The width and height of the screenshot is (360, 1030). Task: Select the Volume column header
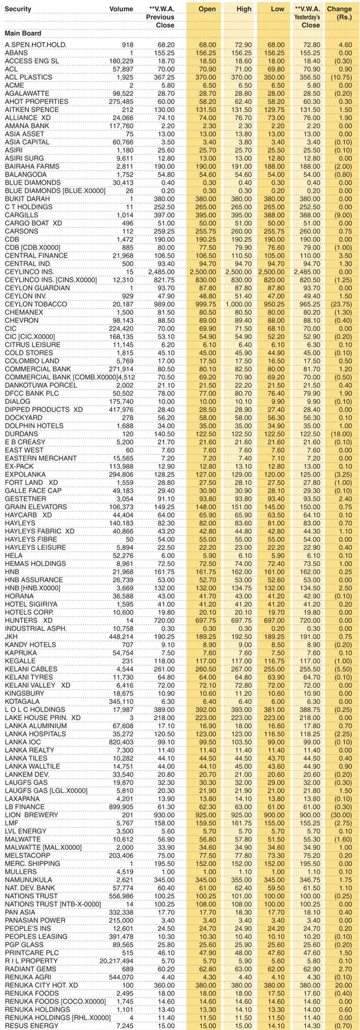point(121,9)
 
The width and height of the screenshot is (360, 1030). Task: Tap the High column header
point(244,9)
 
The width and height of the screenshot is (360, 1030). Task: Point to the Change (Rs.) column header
point(341,13)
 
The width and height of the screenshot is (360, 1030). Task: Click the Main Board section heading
point(23,34)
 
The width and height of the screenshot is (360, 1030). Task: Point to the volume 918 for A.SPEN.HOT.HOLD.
point(127,45)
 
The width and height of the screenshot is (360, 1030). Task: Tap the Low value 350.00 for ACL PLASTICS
point(275,77)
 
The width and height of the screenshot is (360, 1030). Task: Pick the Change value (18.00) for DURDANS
point(341,434)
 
